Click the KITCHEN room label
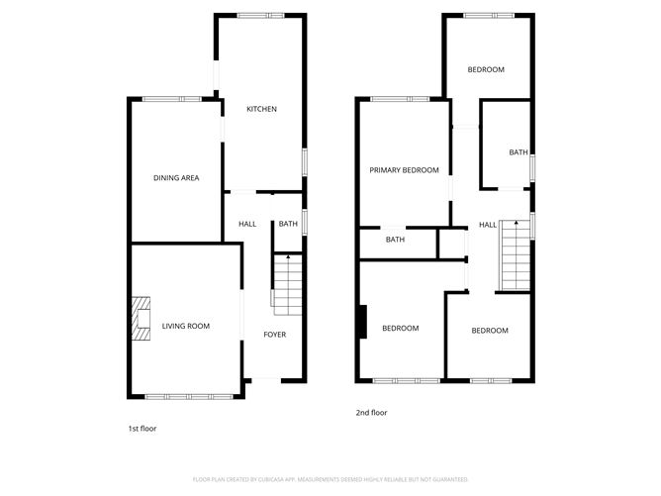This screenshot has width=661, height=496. click(261, 109)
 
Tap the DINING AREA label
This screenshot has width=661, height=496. click(176, 178)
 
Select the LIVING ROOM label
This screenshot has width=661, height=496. click(186, 326)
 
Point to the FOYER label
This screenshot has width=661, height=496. click(274, 335)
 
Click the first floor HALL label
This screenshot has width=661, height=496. click(247, 224)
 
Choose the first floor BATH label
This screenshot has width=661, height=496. click(288, 224)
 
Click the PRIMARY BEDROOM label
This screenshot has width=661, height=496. click(404, 170)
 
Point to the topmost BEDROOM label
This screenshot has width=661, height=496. click(486, 69)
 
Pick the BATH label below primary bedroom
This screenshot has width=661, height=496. click(395, 240)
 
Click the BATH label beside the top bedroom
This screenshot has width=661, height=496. click(519, 152)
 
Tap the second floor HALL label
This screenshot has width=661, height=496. click(488, 225)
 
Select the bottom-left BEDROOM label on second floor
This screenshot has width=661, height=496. click(401, 329)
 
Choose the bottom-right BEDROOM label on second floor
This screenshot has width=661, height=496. click(489, 331)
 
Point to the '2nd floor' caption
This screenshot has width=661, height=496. click(372, 412)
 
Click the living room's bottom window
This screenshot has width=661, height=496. click(189, 396)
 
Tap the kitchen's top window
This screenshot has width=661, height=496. click(261, 15)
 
